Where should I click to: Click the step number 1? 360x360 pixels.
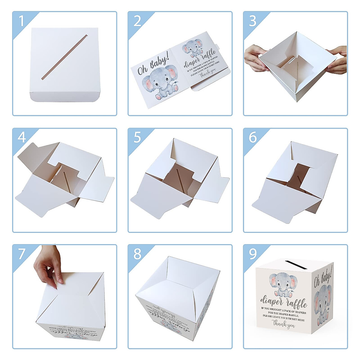pos(21,21)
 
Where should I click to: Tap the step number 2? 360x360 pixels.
pos(137,21)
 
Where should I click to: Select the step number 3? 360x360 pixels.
pos(253,21)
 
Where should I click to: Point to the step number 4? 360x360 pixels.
pos(21,137)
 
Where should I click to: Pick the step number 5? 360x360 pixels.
pos(137,137)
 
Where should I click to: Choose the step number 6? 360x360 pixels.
pos(253,137)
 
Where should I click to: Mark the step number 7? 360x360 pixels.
pos(21,254)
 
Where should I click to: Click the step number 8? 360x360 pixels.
pos(137,254)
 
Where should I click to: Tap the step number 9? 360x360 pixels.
pos(253,254)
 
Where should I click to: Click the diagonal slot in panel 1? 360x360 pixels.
pos(64,57)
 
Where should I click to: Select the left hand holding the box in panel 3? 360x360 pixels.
pos(254,58)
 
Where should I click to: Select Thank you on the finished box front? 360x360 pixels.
pos(283,324)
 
